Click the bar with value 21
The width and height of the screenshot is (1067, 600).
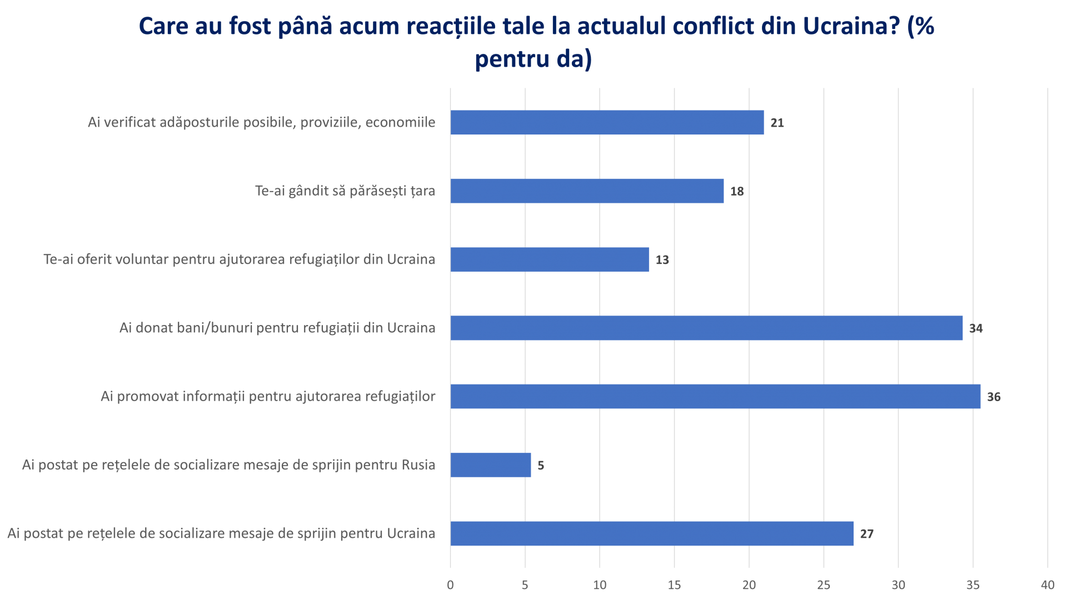coord(607,122)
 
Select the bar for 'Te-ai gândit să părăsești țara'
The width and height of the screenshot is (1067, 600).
coord(587,191)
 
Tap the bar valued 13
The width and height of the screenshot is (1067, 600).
coord(550,259)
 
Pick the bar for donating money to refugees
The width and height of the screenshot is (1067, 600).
coord(706,328)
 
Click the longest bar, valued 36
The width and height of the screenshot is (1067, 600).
coord(715,397)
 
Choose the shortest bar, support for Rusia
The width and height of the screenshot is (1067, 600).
coord(491,465)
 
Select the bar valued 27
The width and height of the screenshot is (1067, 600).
coord(652,534)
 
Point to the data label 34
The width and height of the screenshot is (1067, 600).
coord(976,328)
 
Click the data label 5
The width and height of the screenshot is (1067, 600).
coord(541,466)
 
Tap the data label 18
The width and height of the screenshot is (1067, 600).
coord(737,192)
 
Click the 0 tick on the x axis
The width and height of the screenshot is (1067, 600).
coord(450,585)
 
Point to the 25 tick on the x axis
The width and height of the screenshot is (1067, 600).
coord(824,585)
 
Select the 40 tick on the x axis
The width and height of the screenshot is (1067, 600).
coord(1048,585)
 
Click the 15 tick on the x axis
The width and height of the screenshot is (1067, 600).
coord(674,585)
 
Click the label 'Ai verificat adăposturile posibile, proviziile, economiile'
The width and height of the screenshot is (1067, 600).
coord(261,122)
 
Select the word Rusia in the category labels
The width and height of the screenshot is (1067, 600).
coord(418,465)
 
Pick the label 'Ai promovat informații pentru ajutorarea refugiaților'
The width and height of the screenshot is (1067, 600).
coord(268,397)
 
